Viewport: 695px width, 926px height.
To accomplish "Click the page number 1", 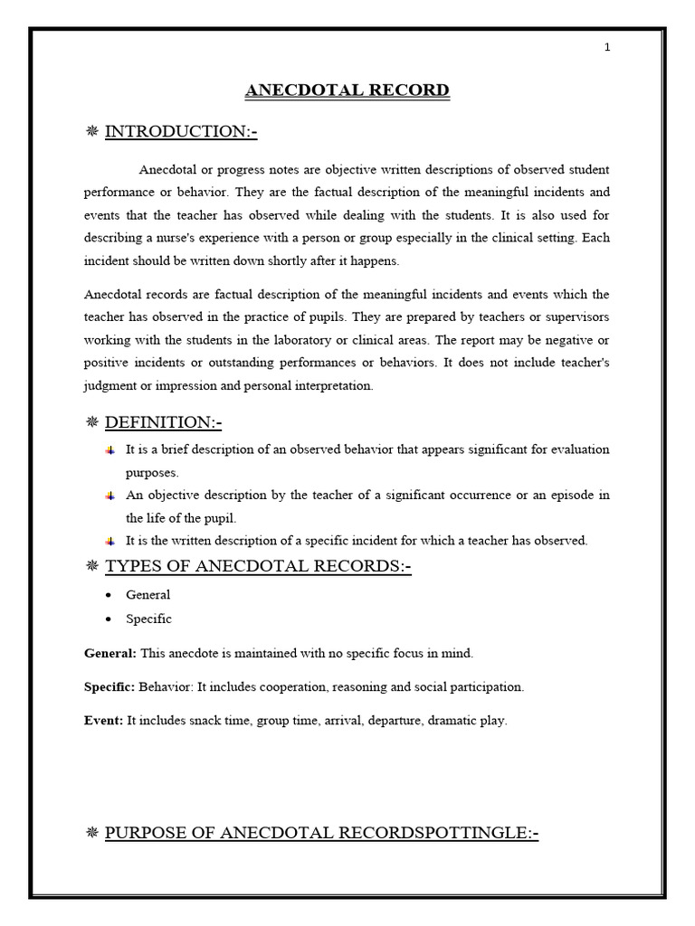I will tap(607, 48).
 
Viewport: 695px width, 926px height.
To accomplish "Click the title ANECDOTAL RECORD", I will tap(347, 90).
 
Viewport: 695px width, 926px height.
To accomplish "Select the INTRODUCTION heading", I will tap(181, 132).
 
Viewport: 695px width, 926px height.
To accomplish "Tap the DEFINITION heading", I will tap(163, 422).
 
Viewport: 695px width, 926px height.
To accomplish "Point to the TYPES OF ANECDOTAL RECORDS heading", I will tap(258, 567).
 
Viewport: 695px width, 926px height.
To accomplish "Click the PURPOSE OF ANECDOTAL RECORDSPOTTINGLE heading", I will tap(321, 833).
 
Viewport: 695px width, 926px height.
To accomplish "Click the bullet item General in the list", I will tap(148, 595).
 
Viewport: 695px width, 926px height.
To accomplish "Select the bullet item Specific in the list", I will tap(148, 619).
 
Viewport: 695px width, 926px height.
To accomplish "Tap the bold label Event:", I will tap(103, 721).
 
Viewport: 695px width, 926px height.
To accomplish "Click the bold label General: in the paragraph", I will tap(110, 653).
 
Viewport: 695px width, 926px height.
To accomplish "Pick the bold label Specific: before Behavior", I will tap(109, 686).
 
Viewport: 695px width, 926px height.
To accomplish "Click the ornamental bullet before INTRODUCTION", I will tap(91, 132).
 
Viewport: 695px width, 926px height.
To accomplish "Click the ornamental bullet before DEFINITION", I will tap(91, 422).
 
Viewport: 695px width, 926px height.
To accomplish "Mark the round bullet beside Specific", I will tap(109, 619).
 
